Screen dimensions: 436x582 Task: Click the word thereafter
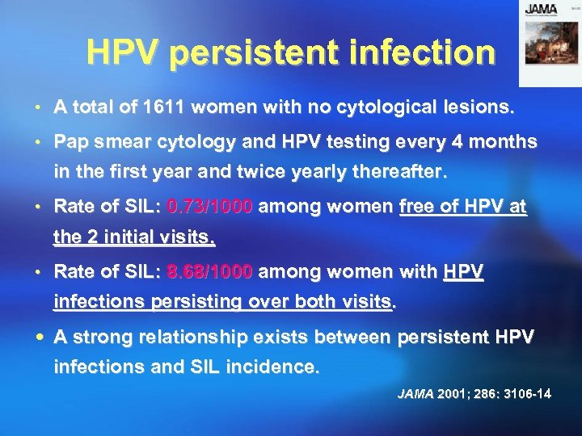[x=400, y=173]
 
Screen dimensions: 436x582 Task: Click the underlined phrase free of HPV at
[x=463, y=207]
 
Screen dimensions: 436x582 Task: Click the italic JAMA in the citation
[x=416, y=394]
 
